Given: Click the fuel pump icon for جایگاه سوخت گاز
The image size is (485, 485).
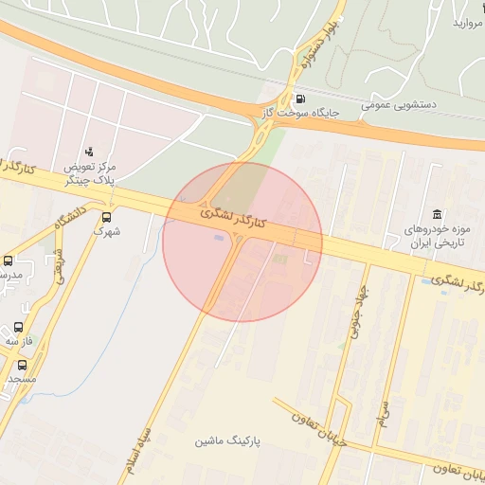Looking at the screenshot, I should [300, 99].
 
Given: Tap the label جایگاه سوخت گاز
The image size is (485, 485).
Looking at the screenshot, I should [300, 115].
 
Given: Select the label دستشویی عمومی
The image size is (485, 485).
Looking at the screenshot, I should [398, 105].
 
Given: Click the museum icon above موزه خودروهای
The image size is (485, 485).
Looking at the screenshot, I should [436, 213].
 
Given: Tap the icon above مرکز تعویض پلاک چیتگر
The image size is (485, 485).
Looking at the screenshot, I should [89, 151].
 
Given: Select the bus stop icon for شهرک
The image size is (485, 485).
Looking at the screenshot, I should [105, 216].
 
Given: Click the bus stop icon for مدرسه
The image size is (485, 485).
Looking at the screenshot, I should [9, 260].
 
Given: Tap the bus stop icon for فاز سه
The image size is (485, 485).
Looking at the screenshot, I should [18, 327].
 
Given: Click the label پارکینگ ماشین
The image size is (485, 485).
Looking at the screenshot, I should [228, 442].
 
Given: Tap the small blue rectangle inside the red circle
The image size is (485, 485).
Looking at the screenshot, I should [220, 238].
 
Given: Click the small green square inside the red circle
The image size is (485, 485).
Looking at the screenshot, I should [278, 258].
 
